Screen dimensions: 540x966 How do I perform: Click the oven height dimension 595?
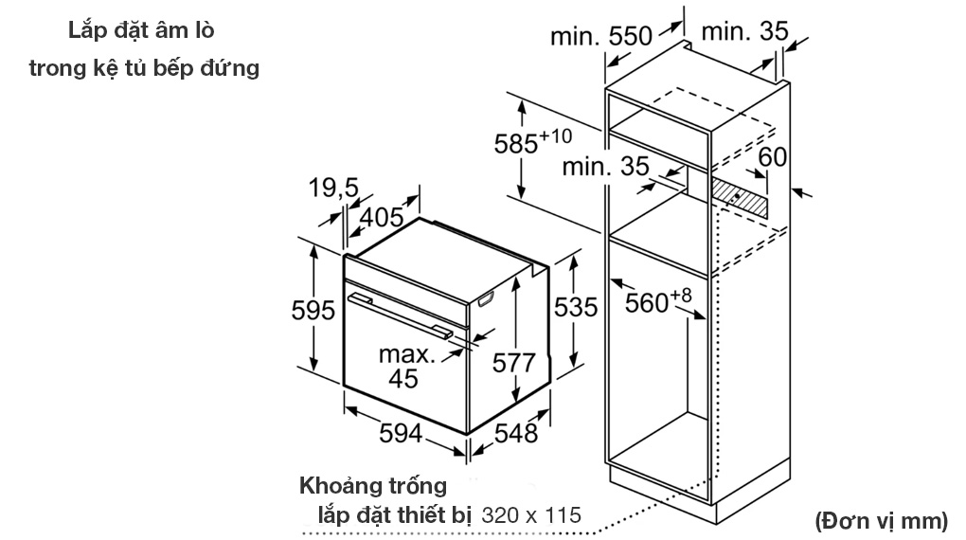pyautogui.click(x=313, y=309)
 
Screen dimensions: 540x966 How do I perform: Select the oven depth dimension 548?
pyautogui.click(x=515, y=433)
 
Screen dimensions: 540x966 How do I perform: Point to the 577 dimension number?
pyautogui.click(x=515, y=362)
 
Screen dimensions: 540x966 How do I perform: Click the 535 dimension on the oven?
pyautogui.click(x=575, y=307)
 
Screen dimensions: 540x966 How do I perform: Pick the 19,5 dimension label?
pyautogui.click(x=333, y=189)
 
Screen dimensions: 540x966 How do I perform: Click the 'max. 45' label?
pyautogui.click(x=406, y=367)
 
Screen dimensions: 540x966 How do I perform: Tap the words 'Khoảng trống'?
pyautogui.click(x=373, y=486)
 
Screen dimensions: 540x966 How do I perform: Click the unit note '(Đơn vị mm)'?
pyautogui.click(x=880, y=519)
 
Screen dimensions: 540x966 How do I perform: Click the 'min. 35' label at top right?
pyautogui.click(x=744, y=31)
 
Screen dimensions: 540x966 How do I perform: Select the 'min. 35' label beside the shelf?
pyautogui.click(x=606, y=167)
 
